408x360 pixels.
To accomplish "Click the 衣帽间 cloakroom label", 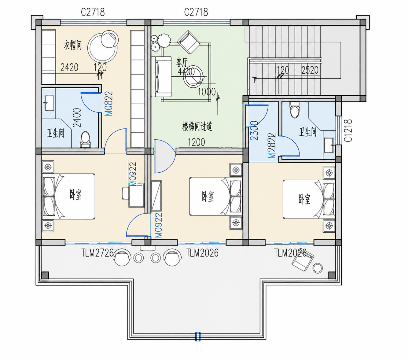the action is coord(73,45).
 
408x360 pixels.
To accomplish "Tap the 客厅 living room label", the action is coord(182,62).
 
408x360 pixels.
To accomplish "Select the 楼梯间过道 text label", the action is coord(197,127).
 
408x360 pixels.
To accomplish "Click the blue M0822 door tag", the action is coord(109,104).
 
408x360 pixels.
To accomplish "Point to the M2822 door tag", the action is coord(272,145).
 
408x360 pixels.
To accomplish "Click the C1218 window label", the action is coord(348,130).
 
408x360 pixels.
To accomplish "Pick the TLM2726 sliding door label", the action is coord(97,253).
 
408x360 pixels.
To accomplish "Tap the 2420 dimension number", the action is coord(69,67).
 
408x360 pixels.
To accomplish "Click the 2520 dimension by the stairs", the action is coord(310,70).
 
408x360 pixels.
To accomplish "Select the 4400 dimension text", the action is coord(186,72).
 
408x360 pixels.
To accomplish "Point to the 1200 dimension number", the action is coord(196,142).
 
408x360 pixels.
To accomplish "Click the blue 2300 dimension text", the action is coord(254,130).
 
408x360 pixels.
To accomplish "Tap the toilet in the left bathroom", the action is coord(85,139).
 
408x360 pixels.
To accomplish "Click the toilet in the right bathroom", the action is coord(295,110).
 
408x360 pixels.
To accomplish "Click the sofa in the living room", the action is coord(164,77).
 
